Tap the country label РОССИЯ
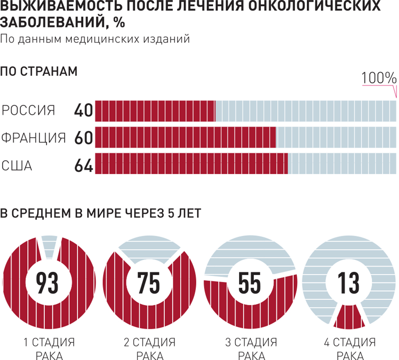point(28,111)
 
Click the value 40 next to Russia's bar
point(83,111)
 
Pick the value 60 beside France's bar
point(83,138)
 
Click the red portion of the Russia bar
point(155,111)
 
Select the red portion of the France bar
point(185,138)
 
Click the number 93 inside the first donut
point(47,282)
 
